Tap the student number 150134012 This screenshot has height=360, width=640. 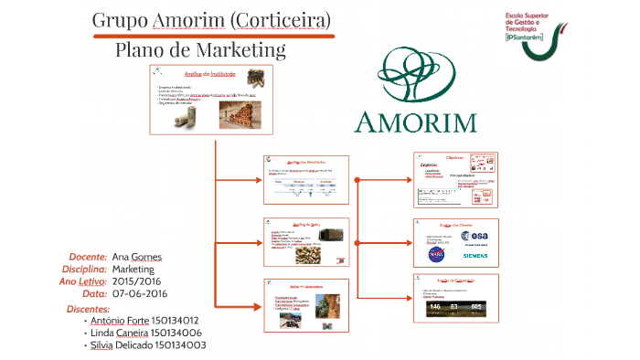(x=168, y=321)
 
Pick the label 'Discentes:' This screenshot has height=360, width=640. (x=89, y=310)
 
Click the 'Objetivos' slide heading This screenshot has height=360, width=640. (x=455, y=158)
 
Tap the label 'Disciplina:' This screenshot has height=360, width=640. (x=85, y=270)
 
